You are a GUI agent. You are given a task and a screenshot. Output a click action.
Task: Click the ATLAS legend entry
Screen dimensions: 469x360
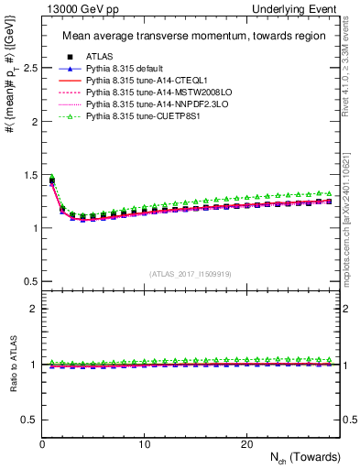(98, 58)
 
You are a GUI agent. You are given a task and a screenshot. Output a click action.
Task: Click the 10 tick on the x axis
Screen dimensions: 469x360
(144, 443)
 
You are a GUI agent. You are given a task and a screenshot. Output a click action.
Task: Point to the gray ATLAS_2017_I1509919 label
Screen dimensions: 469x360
(191, 273)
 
